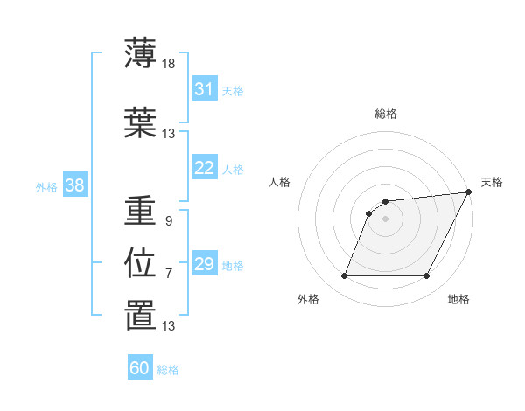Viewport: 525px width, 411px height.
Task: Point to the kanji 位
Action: [140, 263]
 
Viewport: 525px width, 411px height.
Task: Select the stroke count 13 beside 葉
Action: [169, 134]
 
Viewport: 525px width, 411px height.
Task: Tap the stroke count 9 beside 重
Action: [168, 221]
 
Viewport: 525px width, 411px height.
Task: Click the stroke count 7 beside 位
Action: [168, 274]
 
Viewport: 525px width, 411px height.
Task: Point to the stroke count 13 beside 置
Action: [169, 326]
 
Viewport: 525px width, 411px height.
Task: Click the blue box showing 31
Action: [204, 89]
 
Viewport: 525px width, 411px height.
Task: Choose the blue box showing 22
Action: [204, 168]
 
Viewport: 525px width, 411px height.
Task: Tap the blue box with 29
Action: [204, 264]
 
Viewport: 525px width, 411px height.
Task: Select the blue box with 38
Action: [74, 185]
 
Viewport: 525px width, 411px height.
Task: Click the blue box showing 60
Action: [139, 368]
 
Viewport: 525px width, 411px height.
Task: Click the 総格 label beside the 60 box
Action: [168, 370]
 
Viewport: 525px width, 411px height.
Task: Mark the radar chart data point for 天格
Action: [468, 192]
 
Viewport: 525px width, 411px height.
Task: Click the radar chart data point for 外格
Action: [344, 276]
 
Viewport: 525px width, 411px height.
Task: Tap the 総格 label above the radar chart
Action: [386, 114]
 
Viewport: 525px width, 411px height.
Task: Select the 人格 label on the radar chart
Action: [280, 182]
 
